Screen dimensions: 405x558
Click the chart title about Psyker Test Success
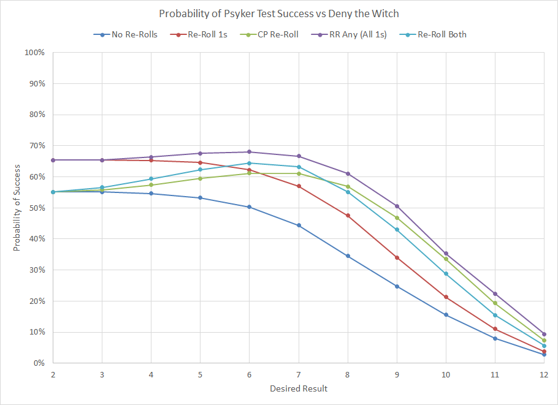(278, 13)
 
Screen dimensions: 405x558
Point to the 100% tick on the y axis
(34, 53)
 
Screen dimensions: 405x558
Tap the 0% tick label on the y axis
(38, 363)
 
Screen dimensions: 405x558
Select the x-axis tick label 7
(299, 374)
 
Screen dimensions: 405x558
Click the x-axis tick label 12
(543, 374)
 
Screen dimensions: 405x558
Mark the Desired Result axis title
(299, 388)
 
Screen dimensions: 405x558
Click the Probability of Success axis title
(17, 208)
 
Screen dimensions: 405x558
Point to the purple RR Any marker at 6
(249, 152)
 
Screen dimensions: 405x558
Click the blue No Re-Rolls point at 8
(348, 256)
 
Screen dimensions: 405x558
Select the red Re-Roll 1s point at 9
(397, 257)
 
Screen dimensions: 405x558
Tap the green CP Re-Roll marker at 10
(446, 259)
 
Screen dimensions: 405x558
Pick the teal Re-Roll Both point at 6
(249, 163)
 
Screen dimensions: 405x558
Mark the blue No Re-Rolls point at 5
(200, 198)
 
